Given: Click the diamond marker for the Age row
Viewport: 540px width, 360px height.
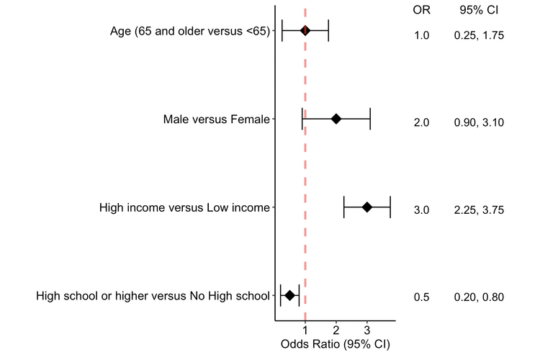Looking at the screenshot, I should click(x=305, y=30).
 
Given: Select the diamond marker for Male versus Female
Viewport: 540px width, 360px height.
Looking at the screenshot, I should click(x=336, y=119).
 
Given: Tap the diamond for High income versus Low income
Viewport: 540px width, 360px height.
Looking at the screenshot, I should click(x=367, y=207).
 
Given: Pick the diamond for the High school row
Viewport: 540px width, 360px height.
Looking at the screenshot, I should click(x=290, y=295).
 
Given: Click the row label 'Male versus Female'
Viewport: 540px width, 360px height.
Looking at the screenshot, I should click(x=217, y=119).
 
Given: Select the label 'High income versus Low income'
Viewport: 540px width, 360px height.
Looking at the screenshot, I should click(x=184, y=208).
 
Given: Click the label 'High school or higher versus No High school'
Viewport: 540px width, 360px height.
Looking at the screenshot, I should click(x=153, y=296).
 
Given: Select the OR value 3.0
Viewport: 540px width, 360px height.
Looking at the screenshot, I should click(x=421, y=210).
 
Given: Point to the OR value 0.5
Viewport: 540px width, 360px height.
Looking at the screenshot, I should click(x=421, y=297).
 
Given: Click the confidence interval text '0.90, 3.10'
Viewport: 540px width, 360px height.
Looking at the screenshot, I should click(x=479, y=122).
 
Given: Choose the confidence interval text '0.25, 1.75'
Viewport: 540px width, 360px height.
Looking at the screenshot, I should click(x=479, y=35).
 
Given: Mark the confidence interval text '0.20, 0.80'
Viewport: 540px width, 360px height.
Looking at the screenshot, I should click(x=479, y=297).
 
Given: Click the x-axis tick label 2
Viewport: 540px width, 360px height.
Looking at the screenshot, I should click(x=336, y=331).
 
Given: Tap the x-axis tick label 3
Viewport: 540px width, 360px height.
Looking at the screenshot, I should click(x=367, y=331).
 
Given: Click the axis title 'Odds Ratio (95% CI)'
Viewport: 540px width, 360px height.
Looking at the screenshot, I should click(x=336, y=344).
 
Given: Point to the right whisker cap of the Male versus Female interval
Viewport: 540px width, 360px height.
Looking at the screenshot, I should click(x=370, y=119).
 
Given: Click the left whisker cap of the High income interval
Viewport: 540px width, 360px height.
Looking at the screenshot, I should click(x=344, y=207).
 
